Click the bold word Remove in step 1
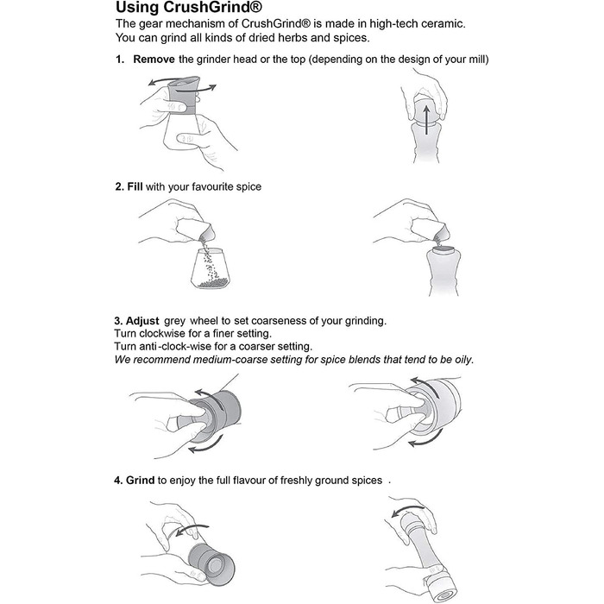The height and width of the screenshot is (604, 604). (x=154, y=60)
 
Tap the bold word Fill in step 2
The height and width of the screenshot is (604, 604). (x=135, y=187)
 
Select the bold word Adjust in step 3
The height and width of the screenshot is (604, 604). (x=142, y=321)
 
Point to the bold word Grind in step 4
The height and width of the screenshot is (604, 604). (x=140, y=481)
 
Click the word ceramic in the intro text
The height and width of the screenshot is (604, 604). (x=443, y=24)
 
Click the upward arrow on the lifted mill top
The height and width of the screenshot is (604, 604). (x=426, y=120)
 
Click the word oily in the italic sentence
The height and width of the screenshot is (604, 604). (x=464, y=360)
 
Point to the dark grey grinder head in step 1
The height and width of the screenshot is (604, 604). (x=184, y=95)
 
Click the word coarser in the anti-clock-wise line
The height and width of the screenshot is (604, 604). (x=255, y=346)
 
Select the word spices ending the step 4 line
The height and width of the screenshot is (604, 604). (x=367, y=481)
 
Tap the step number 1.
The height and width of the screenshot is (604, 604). (x=120, y=60)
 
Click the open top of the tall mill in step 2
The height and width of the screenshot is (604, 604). (x=444, y=249)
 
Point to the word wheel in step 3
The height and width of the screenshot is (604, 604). (x=204, y=321)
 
